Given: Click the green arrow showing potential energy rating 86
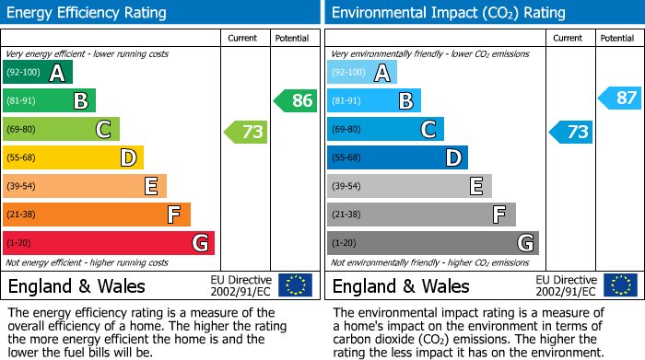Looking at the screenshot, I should [296, 101].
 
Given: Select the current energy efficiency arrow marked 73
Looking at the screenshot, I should [246, 132].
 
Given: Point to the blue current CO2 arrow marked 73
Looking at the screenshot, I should [570, 132].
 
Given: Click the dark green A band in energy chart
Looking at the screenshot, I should [38, 73].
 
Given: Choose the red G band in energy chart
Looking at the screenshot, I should [109, 243].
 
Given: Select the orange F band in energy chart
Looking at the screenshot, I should [97, 215].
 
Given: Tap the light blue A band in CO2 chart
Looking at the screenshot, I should [362, 73].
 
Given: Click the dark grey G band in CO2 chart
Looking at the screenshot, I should [433, 243].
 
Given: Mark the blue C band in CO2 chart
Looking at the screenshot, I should [386, 130].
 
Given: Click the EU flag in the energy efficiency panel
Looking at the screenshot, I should [295, 285].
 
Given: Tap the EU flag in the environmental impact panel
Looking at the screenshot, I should [620, 285].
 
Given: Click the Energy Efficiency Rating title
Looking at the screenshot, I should [87, 13].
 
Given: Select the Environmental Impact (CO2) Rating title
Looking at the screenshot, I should [448, 13].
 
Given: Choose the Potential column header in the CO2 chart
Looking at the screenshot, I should [616, 38].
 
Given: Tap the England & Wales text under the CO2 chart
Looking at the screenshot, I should [401, 285].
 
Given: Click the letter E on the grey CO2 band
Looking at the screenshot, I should [475, 187].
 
